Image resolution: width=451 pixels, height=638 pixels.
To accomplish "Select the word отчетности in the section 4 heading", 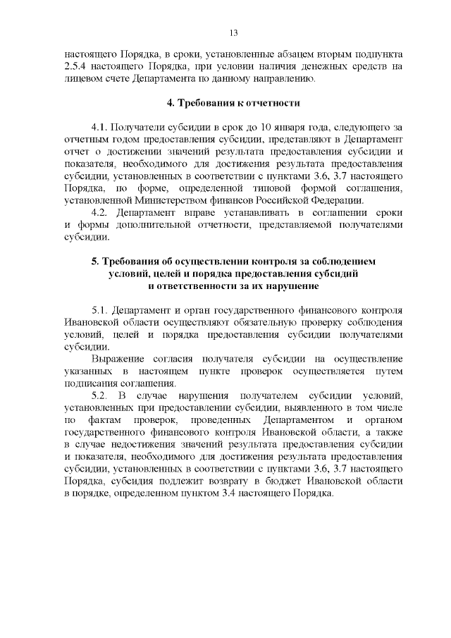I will click(x=273, y=103).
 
